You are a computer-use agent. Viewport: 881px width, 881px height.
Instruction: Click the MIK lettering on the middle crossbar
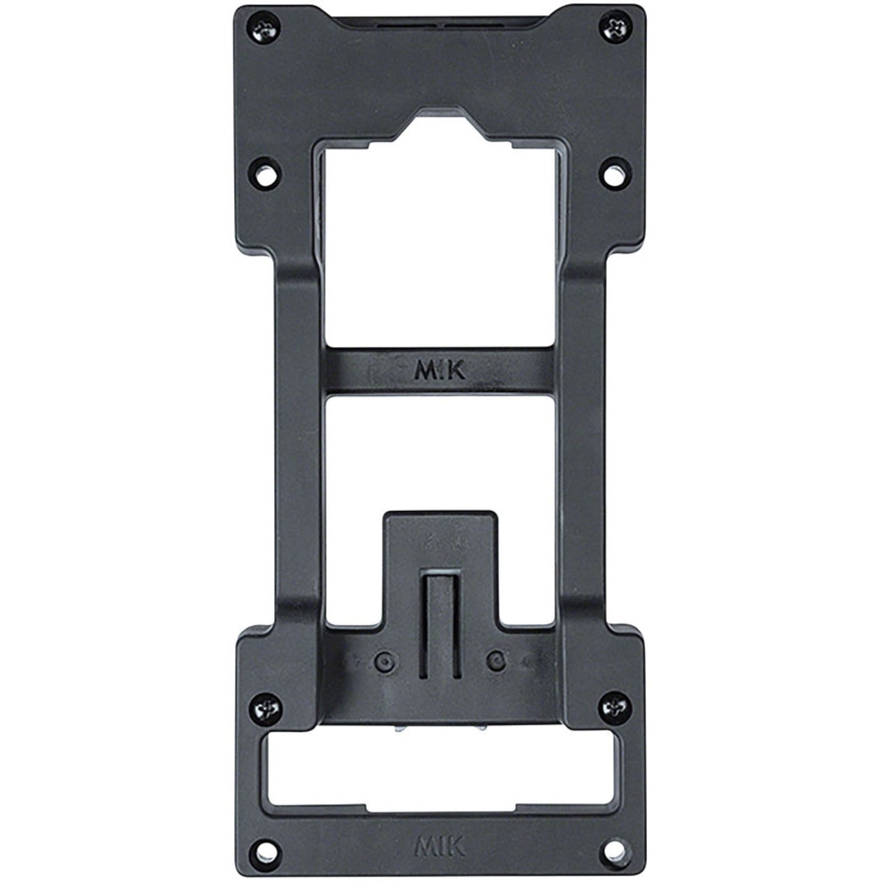[x=440, y=371]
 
